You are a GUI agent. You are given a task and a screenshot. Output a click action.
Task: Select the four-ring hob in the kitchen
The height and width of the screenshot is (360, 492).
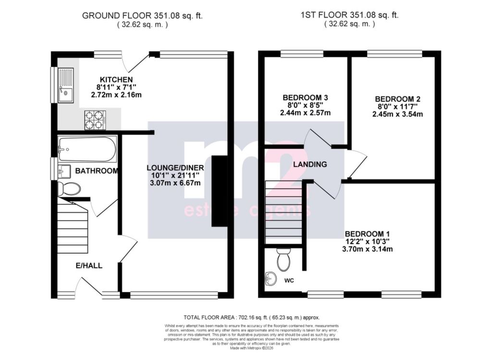point(95,120)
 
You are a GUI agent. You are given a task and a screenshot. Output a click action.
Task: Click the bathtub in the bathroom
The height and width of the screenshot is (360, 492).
point(87,149)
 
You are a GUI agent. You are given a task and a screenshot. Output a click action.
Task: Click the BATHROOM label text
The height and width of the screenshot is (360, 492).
point(97,171)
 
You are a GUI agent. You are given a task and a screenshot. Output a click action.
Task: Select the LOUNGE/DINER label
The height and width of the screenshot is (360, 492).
point(175,168)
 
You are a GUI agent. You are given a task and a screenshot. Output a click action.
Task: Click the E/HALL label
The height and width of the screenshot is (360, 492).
point(89,265)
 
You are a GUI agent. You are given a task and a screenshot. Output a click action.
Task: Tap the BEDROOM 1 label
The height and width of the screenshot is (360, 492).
point(367,233)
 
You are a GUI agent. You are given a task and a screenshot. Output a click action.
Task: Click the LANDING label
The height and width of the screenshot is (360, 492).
point(310,164)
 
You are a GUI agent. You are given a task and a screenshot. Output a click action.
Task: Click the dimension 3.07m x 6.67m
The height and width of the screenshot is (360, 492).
point(175,183)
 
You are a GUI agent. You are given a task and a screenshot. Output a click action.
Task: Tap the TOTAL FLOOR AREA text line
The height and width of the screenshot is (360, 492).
point(251,318)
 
